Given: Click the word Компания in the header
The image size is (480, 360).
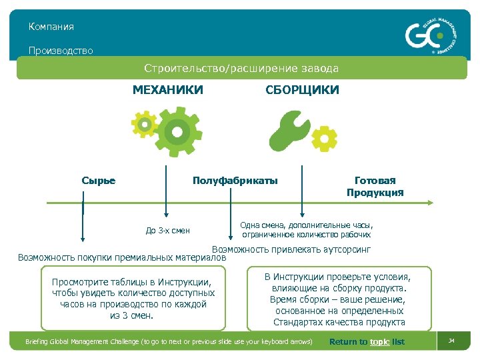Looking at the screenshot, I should tap(51, 27).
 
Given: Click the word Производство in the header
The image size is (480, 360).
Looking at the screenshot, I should tap(61, 51).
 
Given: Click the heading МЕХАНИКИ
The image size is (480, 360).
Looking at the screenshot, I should tap(167, 90).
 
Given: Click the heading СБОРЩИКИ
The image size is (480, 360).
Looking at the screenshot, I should tap(302, 90).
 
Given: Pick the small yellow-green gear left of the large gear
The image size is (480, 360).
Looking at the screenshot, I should tap(144, 124).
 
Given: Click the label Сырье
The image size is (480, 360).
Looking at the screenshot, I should tap(98, 181).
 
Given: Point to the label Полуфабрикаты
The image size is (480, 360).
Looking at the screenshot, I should tap(235, 181).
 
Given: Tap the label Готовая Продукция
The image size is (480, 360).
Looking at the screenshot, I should tap(375, 187).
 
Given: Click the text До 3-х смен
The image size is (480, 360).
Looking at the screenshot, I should tap(167, 231).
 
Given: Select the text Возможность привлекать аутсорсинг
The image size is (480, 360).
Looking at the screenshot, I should tap(291, 249).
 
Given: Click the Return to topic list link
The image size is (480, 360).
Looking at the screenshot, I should tap(367, 342).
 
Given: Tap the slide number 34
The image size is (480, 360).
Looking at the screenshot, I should tap(451, 341).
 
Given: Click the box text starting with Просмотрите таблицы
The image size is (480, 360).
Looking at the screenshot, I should tap(133, 299).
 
